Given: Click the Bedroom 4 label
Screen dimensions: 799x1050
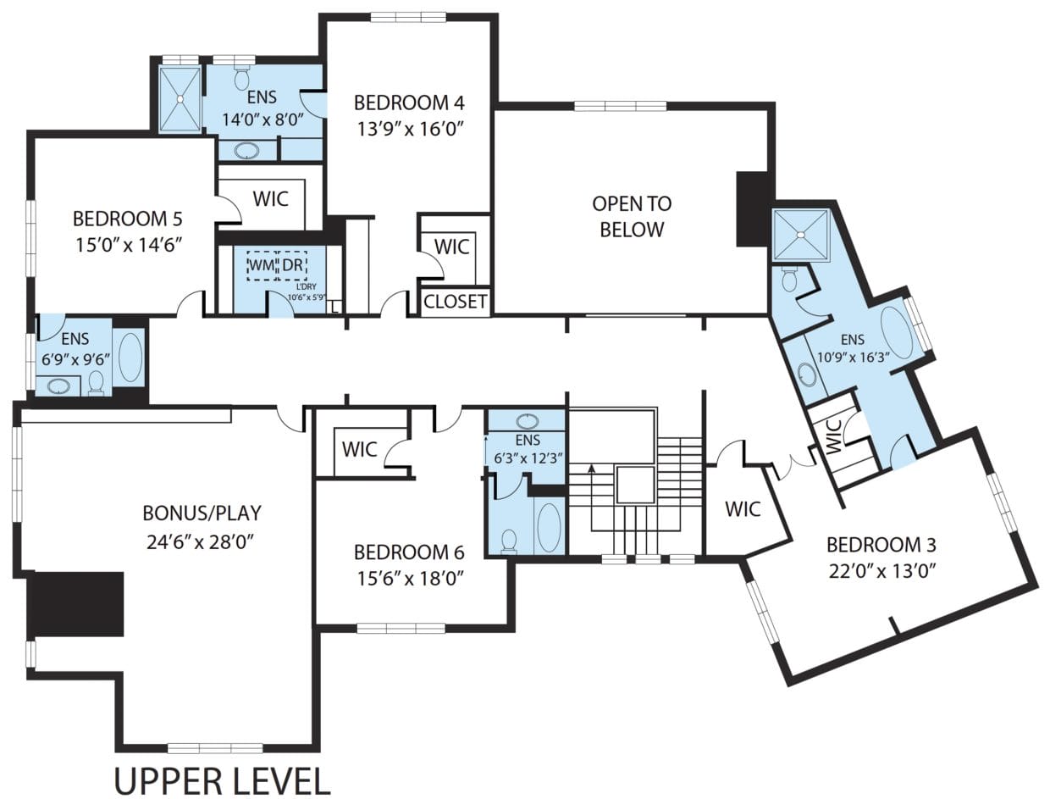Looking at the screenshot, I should point(409,103).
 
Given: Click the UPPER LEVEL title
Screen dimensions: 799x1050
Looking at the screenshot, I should point(222,781).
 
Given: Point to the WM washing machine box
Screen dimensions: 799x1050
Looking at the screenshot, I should point(261,265).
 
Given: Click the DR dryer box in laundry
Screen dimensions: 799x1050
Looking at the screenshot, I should point(292,265).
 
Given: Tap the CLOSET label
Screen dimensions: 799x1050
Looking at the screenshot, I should point(456,302).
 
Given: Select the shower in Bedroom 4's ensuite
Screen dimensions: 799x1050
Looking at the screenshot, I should point(180,99).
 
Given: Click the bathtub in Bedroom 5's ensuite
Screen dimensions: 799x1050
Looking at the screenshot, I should point(130,358).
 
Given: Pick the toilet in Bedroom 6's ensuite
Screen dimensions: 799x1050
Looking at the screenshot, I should point(509,541).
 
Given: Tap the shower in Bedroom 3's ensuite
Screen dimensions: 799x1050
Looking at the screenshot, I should point(800,236).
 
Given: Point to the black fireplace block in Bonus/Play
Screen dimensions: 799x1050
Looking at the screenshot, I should point(77,604).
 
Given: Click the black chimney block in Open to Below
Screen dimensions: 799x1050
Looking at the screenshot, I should point(753,208).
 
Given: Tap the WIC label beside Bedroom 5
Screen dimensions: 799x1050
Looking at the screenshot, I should point(270,199).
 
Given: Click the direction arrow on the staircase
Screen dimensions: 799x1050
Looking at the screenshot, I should point(591,466).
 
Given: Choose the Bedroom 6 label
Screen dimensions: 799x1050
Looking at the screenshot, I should point(409,552).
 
